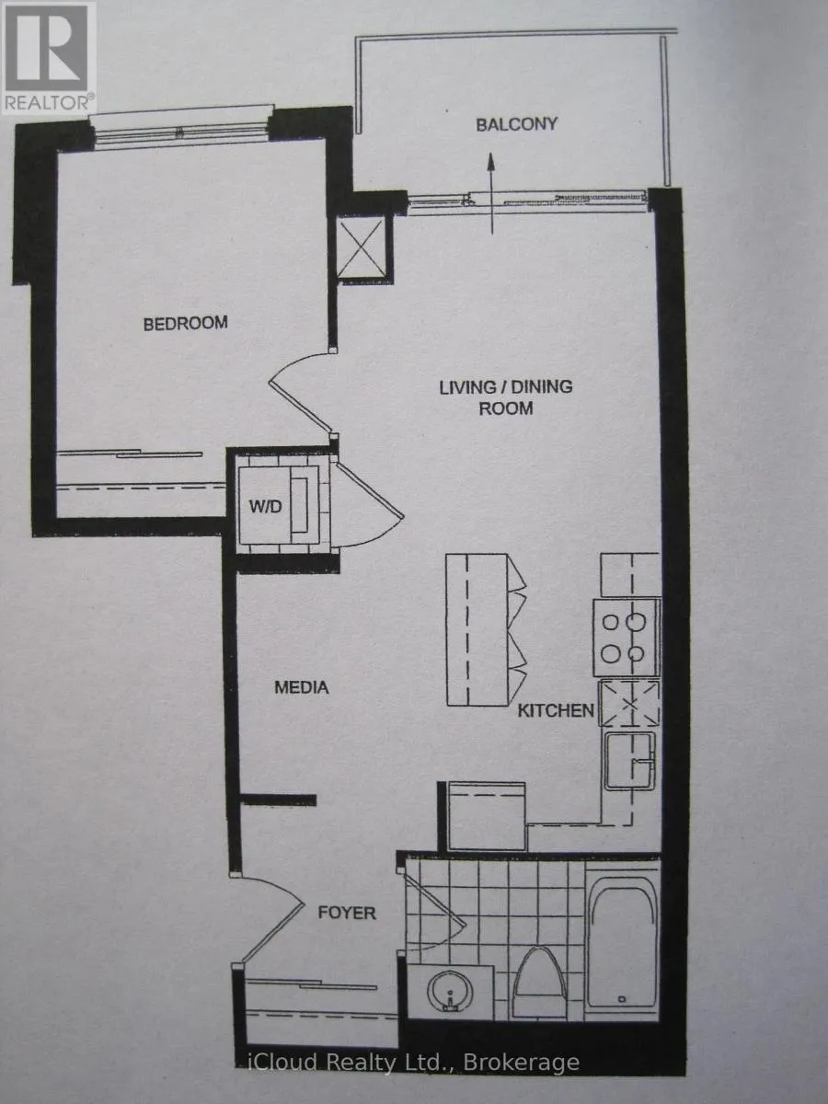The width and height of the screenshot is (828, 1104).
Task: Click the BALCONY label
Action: [x=517, y=124]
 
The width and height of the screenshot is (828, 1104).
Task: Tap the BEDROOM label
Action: [x=186, y=323]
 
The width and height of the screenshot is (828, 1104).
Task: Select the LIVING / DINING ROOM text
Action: [x=506, y=397]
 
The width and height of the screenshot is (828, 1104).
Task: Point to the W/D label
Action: [x=266, y=506]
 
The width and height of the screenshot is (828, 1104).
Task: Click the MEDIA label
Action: [x=302, y=687]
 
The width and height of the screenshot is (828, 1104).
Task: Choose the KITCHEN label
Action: [x=556, y=710]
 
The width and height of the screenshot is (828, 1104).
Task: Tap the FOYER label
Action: [x=347, y=913]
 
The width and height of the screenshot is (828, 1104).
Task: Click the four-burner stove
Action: [x=627, y=638]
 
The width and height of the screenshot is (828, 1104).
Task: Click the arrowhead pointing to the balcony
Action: [x=491, y=162]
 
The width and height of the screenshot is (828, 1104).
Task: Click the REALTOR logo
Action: [x=48, y=58]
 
